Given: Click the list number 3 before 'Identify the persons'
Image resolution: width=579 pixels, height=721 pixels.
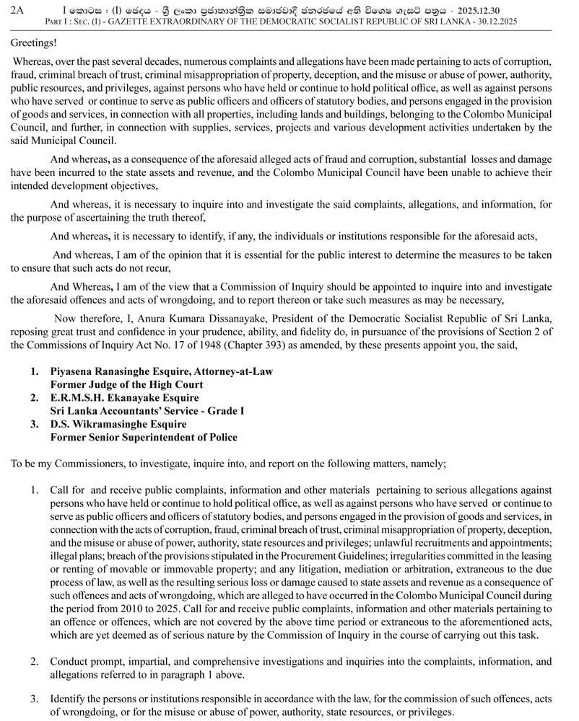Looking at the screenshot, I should tap(34, 699).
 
